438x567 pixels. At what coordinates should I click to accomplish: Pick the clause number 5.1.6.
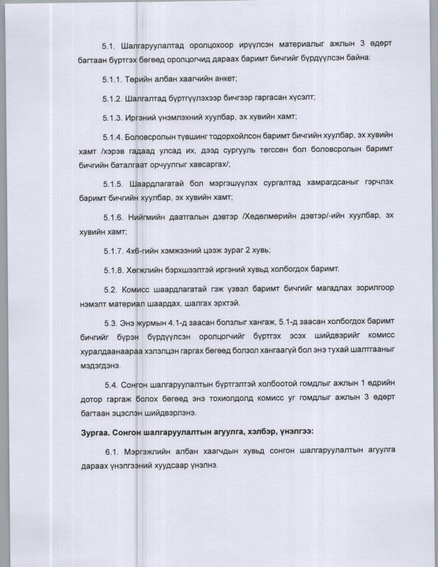coord(113,218)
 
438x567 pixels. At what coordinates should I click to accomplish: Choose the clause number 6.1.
coord(112,451)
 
